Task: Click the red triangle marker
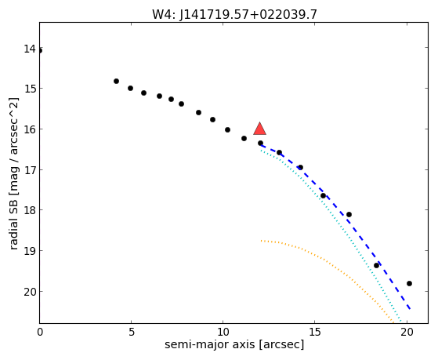[x=260, y=129]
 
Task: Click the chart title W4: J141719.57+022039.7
[x=234, y=15]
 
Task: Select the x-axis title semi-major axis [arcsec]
[x=234, y=344]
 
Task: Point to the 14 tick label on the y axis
[x=30, y=49]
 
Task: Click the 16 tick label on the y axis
[x=30, y=129]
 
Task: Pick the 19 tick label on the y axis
[x=30, y=250]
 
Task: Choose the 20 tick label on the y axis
[x=30, y=292]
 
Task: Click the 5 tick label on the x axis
[x=132, y=333]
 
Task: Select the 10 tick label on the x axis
[x=223, y=333]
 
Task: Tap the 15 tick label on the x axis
[x=315, y=333]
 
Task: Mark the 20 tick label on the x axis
[x=407, y=333]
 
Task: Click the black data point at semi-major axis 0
[x=40, y=51]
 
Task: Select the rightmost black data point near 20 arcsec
[x=409, y=283]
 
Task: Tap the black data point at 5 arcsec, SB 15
[x=130, y=88]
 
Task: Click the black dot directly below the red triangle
[x=260, y=143]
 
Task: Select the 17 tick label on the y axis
[x=30, y=169]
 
